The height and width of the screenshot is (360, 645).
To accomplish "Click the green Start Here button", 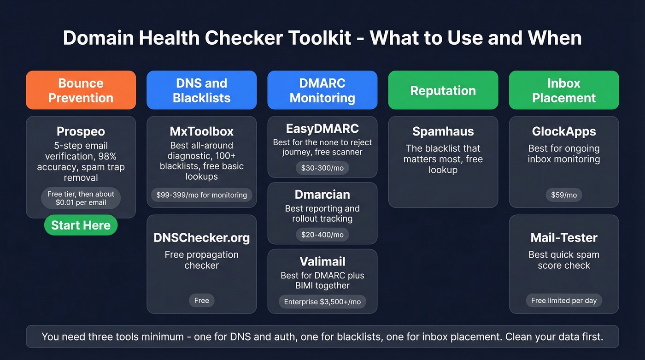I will [x=81, y=225].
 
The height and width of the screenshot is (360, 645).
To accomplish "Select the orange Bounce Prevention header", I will [x=81, y=90].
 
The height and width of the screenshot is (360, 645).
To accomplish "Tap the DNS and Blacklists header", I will [x=201, y=90].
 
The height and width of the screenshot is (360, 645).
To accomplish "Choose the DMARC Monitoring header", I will [x=322, y=90].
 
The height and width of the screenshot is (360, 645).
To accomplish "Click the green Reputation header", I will [x=443, y=90].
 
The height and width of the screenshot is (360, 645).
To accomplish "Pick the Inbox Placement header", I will [x=563, y=90].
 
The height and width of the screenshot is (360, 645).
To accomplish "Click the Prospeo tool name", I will [x=81, y=131].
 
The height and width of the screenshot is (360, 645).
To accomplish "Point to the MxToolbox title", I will [x=201, y=131].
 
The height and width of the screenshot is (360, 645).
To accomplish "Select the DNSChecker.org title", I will [x=201, y=238].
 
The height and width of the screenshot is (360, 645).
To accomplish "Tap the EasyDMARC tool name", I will [x=322, y=128].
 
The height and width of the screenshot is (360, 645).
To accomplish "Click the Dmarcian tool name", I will [x=322, y=195].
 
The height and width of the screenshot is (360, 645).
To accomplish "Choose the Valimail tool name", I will [x=322, y=261].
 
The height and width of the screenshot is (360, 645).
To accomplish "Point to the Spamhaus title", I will [x=443, y=131].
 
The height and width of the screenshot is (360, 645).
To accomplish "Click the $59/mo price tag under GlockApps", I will [x=563, y=195].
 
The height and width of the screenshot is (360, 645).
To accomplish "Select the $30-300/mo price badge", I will [x=322, y=168].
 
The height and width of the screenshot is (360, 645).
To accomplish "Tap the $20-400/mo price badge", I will [x=322, y=235].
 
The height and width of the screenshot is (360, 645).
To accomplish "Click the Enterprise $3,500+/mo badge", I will [x=322, y=302].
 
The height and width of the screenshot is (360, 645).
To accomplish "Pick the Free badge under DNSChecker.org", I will [x=201, y=301].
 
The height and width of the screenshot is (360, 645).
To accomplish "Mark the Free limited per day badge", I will [x=563, y=301].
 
